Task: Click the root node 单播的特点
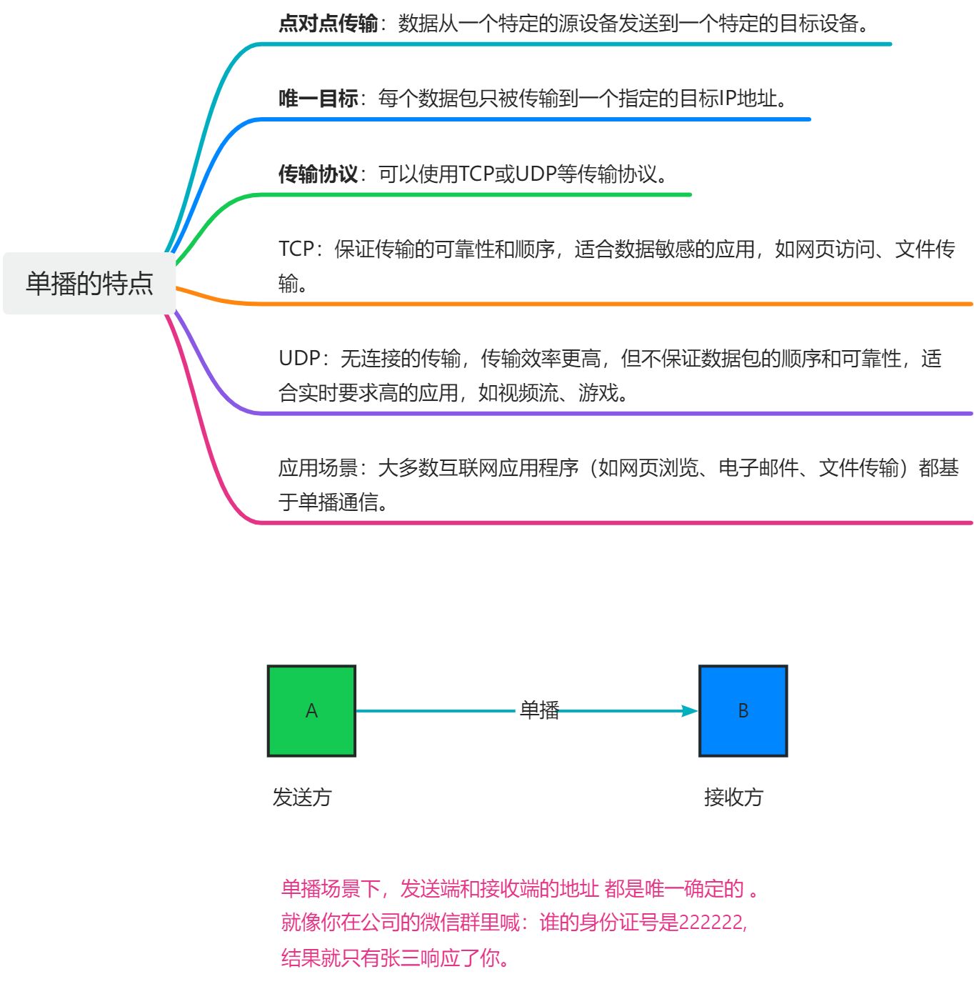(89, 284)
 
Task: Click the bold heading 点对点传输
(328, 24)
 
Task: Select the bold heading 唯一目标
(318, 99)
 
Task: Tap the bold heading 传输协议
(318, 174)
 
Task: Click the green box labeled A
(311, 710)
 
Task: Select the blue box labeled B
(743, 710)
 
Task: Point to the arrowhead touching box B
(689, 710)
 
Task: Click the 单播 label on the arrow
(539, 710)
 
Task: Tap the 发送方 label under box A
(302, 797)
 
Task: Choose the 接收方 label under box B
(733, 797)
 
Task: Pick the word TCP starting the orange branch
(296, 249)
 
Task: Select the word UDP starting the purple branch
(299, 358)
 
